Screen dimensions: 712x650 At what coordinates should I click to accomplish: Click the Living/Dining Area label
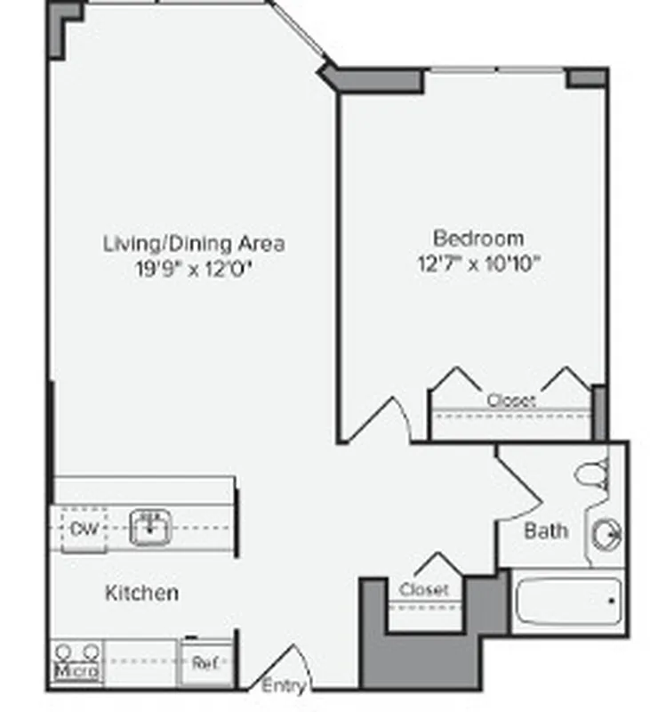194,243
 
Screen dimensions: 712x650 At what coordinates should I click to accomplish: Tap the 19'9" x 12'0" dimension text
194,268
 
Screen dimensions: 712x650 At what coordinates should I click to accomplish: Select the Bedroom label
477,239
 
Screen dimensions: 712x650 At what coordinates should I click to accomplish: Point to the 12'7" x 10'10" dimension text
478,263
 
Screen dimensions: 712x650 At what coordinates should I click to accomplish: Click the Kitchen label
141,592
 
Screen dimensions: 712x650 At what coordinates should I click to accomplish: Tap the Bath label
545,531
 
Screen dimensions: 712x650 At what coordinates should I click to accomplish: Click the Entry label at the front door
284,686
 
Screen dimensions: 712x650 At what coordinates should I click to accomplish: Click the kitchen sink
149,528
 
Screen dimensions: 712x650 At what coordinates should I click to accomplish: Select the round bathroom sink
609,534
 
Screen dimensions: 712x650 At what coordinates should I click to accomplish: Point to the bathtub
567,602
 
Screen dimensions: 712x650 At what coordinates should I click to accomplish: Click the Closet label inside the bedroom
511,401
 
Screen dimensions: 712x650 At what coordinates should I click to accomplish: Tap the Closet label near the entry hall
424,589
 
